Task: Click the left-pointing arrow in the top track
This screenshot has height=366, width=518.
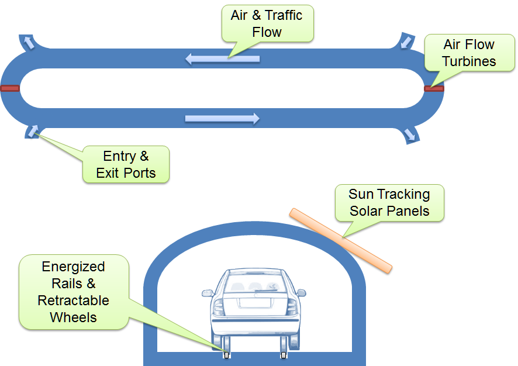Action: click(222, 58)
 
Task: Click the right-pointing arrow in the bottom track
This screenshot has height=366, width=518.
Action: click(222, 119)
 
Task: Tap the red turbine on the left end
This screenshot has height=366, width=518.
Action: click(10, 89)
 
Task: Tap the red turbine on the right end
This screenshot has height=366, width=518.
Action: click(434, 89)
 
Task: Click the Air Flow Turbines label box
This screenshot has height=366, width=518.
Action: click(468, 53)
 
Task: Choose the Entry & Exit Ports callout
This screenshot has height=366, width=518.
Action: click(126, 164)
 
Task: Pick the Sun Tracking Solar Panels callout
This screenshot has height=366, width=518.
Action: click(389, 203)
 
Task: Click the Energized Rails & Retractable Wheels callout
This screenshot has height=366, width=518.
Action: click(74, 292)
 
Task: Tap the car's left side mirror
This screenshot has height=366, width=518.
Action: click(207, 292)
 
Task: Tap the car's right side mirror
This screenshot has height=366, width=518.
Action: click(301, 292)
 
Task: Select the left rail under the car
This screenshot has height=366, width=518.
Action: click(227, 355)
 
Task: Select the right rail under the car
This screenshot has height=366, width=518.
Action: click(284, 355)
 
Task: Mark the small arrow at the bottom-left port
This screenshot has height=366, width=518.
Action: click(33, 130)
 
